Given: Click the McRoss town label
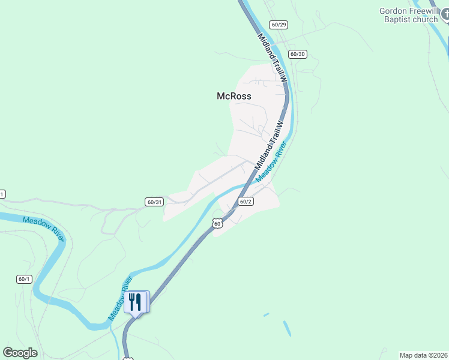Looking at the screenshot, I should click(x=234, y=96).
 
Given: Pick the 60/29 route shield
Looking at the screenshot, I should click(x=279, y=25).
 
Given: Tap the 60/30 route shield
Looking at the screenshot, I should click(x=297, y=54).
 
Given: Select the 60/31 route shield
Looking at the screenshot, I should click(x=154, y=202).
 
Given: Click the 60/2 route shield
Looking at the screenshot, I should click(x=245, y=202).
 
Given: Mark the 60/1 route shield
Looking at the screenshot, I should click(x=24, y=278).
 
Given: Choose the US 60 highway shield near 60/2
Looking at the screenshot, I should click(x=217, y=223).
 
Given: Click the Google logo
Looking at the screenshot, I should click(x=20, y=353).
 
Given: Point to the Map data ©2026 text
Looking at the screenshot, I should click(x=423, y=355).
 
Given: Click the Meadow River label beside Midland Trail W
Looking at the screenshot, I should click(x=272, y=162).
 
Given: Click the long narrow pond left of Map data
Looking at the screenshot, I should click(x=288, y=328).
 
